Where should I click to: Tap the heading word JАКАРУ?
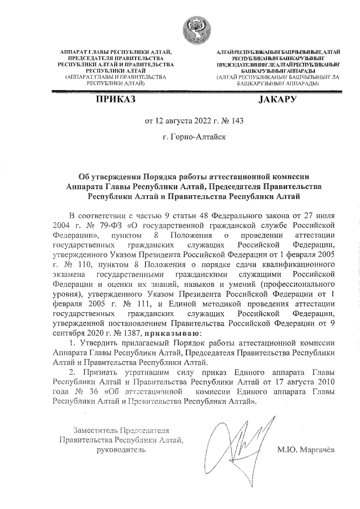pos(277,100)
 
